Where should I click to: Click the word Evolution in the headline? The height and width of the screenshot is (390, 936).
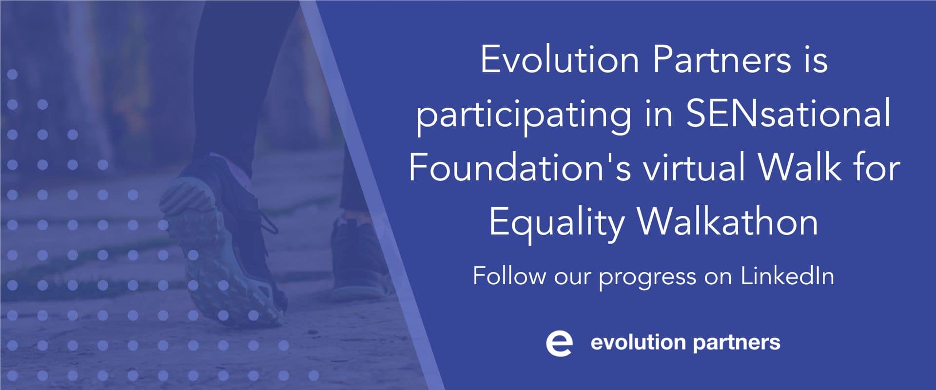(559, 60)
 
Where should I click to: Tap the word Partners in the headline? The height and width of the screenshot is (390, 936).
(721, 60)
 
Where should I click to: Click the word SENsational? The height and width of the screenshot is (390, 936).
(788, 113)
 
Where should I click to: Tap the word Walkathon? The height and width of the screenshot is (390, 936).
(728, 222)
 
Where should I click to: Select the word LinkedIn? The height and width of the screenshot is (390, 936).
(787, 276)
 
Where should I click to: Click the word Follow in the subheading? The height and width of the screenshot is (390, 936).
(509, 276)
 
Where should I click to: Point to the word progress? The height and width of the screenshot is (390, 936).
(647, 278)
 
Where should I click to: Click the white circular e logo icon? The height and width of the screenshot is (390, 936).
(559, 343)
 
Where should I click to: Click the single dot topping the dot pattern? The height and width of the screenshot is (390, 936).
(13, 75)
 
